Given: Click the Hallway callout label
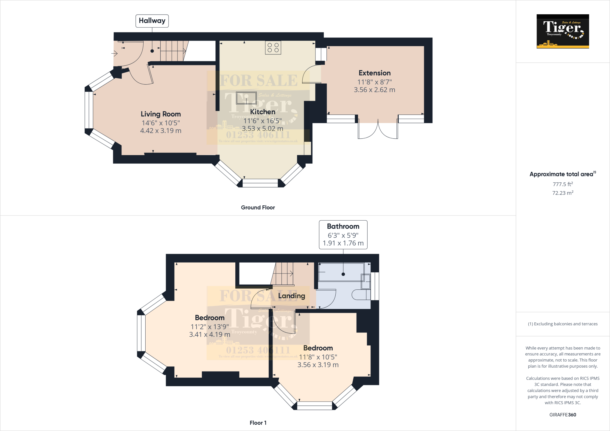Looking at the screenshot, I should point(152,21).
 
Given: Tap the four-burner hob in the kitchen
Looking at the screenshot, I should point(273,48).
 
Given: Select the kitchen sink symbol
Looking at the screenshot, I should point(246,98).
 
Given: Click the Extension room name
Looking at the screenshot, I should point(374,73).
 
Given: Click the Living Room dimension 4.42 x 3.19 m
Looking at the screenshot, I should point(161,131).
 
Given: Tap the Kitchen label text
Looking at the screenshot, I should point(262,112).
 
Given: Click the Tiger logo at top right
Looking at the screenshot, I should point(563,31).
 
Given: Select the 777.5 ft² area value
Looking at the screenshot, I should point(563,184).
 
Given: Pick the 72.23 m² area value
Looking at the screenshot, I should point(563,193).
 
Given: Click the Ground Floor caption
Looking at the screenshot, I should point(258,207).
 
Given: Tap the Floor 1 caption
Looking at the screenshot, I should point(258,423).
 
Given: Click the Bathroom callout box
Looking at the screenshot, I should point(343,235).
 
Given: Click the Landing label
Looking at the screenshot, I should point(292,296).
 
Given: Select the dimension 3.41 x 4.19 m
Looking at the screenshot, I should point(210,335).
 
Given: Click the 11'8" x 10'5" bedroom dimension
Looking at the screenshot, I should point(318,357).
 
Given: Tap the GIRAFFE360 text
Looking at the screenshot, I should point(563,415).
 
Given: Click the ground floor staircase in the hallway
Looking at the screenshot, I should point(173,51).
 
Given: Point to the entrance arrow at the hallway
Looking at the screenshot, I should point(114,54).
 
